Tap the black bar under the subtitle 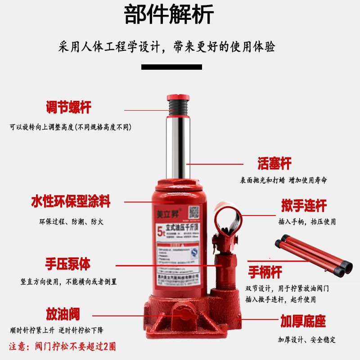[x=171, y=67]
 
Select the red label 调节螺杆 [x=68, y=108]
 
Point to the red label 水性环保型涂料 [x=71, y=201]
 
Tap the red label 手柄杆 [x=265, y=272]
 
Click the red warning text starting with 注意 [x=63, y=346]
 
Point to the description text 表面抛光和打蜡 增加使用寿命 [x=283, y=180]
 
